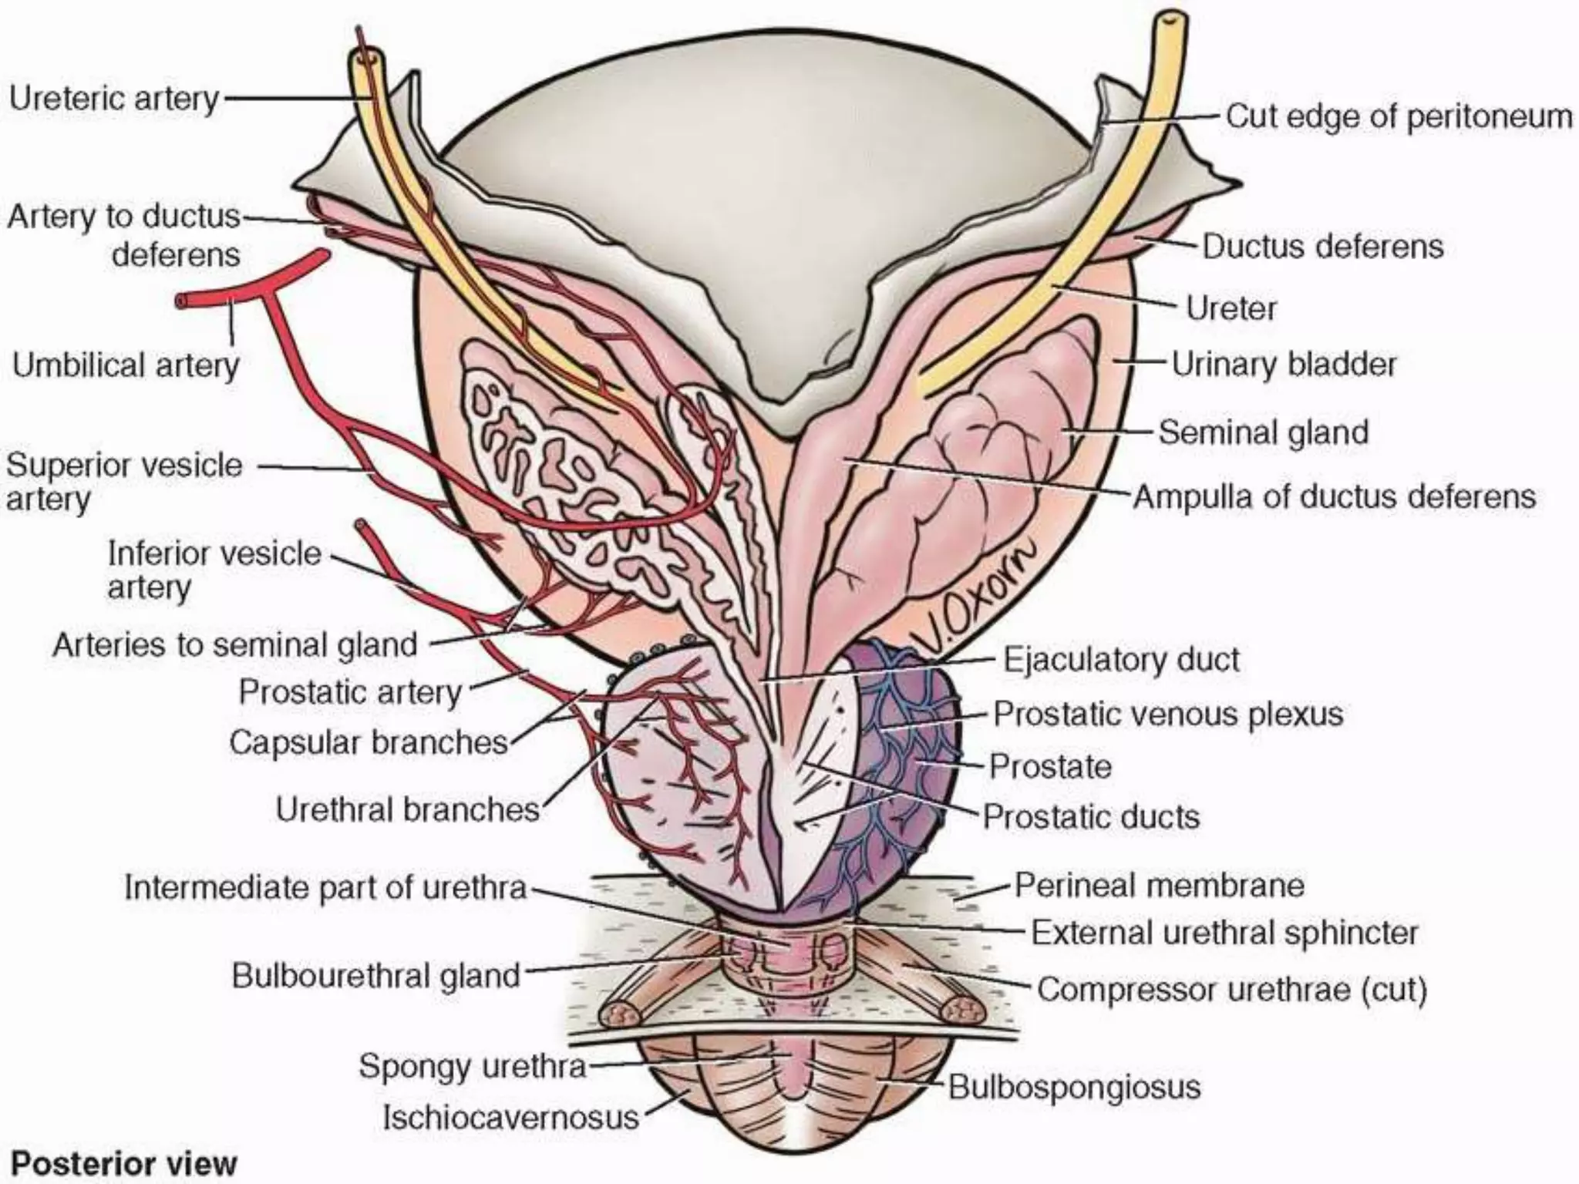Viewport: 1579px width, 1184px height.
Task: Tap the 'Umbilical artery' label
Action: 126,365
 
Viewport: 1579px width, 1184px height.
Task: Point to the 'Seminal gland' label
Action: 1264,432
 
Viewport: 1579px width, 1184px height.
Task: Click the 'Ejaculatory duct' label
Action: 1121,660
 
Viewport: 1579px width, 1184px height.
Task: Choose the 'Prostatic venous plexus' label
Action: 1167,714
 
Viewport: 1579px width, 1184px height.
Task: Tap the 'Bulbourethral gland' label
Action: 376,976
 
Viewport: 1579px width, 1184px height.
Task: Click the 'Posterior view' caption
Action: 124,1162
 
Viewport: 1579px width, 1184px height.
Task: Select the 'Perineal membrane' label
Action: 1159,885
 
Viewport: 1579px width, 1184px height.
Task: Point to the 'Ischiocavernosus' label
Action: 511,1117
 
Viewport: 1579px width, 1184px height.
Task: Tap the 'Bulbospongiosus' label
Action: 1074,1087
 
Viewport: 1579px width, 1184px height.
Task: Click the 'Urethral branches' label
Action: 407,809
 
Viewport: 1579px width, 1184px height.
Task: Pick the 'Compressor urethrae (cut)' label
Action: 1231,989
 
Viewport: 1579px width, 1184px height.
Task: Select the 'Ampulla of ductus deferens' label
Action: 1334,496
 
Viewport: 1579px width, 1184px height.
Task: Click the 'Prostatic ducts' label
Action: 1091,816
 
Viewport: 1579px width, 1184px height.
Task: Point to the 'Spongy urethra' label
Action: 472,1066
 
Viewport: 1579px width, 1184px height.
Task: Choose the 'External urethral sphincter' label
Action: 1224,933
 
